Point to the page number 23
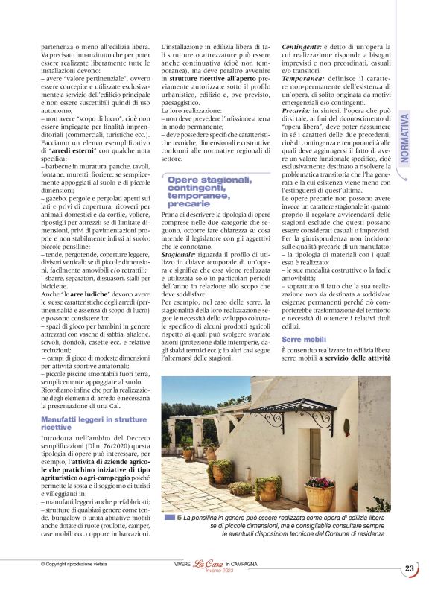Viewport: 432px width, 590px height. click(x=410, y=568)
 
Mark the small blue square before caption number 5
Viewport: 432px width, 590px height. click(x=168, y=516)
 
